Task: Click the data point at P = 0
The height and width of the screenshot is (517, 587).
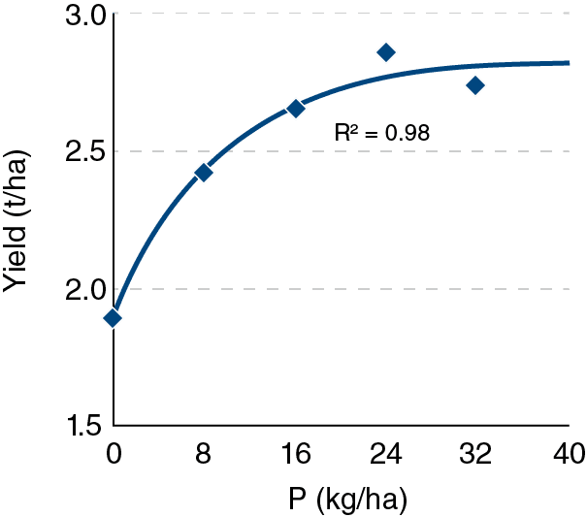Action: (x=113, y=318)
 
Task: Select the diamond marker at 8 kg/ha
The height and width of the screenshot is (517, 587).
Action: (x=204, y=173)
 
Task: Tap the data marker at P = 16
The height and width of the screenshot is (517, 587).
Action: (x=296, y=109)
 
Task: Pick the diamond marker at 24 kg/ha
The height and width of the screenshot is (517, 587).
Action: (x=386, y=52)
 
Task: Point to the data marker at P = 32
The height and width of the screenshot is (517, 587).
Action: (x=475, y=85)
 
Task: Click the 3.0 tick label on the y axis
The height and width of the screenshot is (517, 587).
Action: (x=86, y=16)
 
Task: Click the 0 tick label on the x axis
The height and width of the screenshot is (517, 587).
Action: (x=114, y=454)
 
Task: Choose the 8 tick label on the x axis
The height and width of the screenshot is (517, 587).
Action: (x=203, y=454)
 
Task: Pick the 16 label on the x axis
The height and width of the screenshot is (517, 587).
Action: (x=297, y=454)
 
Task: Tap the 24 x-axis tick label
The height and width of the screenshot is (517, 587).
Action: (x=386, y=454)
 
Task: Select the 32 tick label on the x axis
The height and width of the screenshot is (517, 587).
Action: (x=475, y=454)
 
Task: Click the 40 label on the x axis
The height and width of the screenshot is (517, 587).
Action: (x=569, y=454)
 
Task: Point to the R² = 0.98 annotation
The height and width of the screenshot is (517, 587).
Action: (x=382, y=133)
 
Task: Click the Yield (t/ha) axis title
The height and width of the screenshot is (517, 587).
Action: (x=15, y=221)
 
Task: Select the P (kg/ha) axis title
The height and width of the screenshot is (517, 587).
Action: (x=347, y=500)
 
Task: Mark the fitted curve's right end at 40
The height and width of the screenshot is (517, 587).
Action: (x=569, y=63)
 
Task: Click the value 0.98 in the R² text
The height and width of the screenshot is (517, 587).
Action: (x=408, y=133)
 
